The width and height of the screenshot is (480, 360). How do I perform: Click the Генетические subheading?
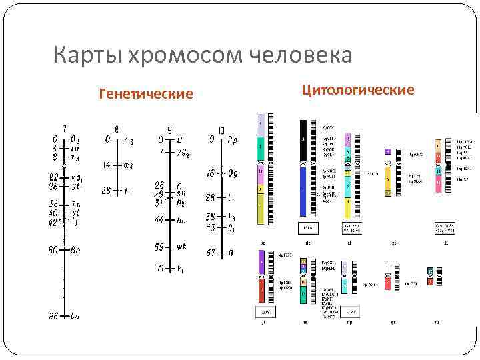click(x=146, y=94)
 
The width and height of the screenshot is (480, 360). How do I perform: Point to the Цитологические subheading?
click(x=358, y=89)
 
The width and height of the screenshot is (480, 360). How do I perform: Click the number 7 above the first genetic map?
click(x=64, y=129)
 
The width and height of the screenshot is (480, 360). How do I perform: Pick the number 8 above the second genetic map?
click(x=117, y=129)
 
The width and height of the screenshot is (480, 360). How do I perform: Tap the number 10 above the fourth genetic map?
click(x=221, y=129)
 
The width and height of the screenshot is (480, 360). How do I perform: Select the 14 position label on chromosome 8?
click(x=106, y=164)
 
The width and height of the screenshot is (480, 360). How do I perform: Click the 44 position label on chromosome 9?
click(x=159, y=219)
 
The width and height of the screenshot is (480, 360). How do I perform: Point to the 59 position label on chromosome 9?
click(x=159, y=247)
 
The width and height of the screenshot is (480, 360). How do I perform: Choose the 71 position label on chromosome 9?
click(x=159, y=269)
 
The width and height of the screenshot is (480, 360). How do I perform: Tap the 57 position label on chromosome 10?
click(x=210, y=253)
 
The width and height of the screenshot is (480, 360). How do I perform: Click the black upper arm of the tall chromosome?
click(x=303, y=140)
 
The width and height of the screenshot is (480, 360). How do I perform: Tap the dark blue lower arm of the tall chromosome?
click(x=303, y=191)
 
